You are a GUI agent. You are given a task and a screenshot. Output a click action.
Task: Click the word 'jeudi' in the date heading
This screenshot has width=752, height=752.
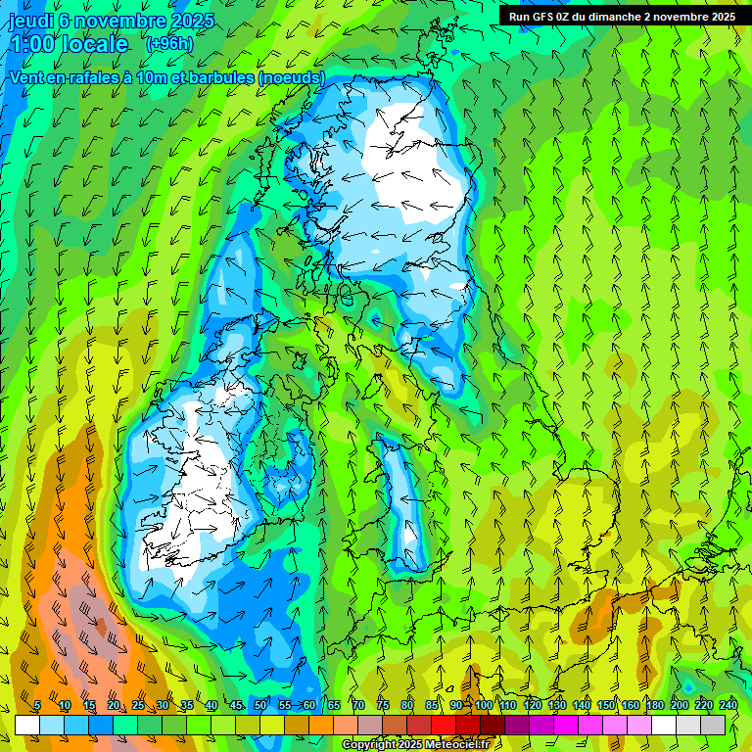pos(30,20)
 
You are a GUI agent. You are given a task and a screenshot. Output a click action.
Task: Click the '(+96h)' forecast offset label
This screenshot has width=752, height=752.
pos(168,44)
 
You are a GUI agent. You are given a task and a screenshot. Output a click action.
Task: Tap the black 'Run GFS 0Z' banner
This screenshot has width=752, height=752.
pos(622,16)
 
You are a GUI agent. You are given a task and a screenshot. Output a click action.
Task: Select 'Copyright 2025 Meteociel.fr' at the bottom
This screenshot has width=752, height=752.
pos(415,744)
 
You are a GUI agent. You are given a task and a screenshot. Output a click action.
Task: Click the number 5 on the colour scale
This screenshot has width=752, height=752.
pos(37,705)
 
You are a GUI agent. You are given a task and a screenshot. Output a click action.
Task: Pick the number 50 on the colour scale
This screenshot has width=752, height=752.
pos(260,705)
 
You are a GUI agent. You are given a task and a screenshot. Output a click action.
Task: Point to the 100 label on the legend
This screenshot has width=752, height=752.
pos(483,705)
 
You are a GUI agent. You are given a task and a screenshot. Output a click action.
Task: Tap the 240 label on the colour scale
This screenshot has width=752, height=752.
pos(728,705)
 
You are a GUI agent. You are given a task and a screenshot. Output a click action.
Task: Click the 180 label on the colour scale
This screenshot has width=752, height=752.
pos(654,705)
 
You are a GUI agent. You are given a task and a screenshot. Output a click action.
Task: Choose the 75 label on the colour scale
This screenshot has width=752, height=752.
pos(383,705)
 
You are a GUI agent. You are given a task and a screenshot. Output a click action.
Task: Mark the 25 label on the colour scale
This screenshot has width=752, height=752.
pos(138,705)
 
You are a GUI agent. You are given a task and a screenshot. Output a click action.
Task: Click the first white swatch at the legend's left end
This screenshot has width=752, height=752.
pos(27,725)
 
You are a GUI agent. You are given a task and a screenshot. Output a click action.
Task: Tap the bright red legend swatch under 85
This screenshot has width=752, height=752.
pos(444,725)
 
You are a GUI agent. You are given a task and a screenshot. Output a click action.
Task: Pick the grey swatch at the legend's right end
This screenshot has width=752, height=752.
pos(713,725)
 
